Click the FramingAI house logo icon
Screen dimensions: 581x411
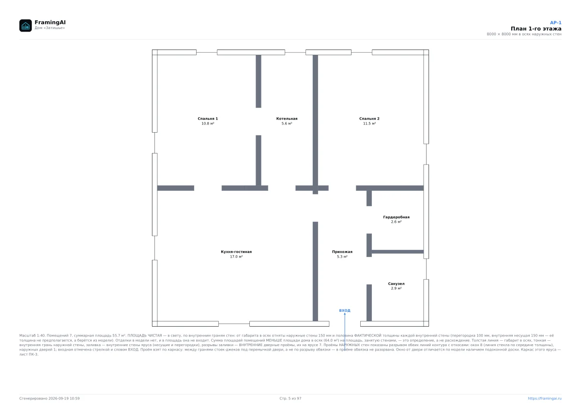[25, 25]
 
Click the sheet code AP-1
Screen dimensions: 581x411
[556, 23]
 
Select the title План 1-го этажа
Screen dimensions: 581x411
[536, 29]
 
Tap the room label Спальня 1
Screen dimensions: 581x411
[208, 119]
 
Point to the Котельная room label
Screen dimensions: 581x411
[287, 119]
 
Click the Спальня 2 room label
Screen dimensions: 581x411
[369, 119]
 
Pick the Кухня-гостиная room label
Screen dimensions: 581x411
[236, 252]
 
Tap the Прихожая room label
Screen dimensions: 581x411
[342, 252]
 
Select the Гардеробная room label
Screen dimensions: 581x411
[397, 217]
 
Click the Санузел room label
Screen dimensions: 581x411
[397, 284]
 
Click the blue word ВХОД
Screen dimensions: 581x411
[345, 310]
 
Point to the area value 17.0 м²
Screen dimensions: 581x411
[236, 257]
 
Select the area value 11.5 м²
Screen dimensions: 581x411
[369, 123]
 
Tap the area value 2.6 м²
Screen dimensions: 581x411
[397, 222]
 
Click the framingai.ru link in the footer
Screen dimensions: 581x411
[545, 398]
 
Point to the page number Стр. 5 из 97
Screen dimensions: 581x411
[290, 398]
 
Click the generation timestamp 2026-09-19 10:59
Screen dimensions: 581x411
[64, 398]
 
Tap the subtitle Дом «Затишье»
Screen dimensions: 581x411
[50, 28]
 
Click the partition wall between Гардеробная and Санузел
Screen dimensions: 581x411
[398, 252]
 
